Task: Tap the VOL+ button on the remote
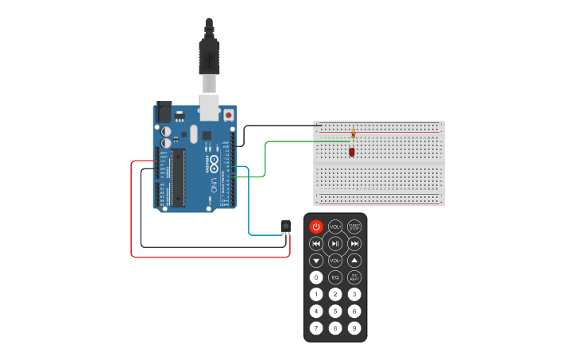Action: (335, 226)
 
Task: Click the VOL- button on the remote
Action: (335, 260)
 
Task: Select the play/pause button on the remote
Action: (335, 243)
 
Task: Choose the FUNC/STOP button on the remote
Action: (354, 226)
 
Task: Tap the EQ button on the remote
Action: (335, 277)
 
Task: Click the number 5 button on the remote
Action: (335, 311)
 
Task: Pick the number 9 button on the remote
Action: (354, 327)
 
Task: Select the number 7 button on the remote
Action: (316, 327)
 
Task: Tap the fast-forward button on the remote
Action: (354, 243)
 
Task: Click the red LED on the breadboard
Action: (351, 151)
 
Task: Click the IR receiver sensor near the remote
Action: (285, 226)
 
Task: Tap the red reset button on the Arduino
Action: (229, 115)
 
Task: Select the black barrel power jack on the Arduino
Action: (163, 112)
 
